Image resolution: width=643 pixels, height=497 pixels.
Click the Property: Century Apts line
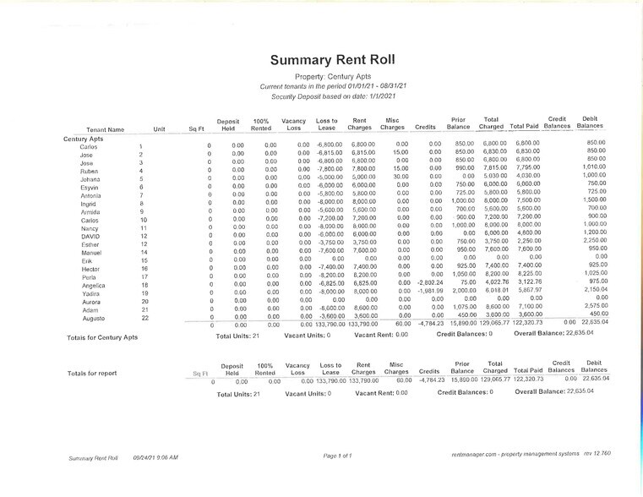(x=320, y=77)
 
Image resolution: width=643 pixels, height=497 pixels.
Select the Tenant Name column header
(x=105, y=129)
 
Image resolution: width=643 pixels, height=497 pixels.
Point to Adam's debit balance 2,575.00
(x=596, y=309)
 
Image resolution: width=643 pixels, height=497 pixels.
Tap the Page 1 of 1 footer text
(x=337, y=456)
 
